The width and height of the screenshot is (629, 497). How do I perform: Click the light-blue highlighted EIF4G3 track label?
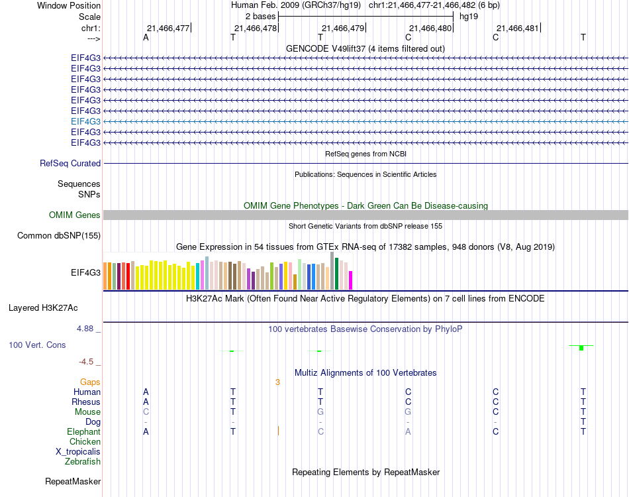85,121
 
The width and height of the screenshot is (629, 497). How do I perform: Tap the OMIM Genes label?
75,215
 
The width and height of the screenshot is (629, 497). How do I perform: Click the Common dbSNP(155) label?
59,235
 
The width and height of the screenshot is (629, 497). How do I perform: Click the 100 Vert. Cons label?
37,345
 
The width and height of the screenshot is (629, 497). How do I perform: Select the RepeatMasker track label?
73,481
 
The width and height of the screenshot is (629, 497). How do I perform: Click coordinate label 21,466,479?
342,28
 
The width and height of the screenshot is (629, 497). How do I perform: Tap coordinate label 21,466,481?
518,28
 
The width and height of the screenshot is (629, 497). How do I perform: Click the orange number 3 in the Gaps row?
278,382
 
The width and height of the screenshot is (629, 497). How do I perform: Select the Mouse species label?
87,412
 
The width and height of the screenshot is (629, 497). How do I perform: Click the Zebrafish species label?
83,461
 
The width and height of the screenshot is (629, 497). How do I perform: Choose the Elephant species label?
83,431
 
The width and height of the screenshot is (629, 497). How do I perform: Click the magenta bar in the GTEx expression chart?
351,280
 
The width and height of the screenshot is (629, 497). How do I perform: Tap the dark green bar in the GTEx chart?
337,274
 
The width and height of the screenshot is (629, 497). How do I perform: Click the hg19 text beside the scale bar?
469,16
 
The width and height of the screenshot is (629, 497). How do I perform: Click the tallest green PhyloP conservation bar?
581,348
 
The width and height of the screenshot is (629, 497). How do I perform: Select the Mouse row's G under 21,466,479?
320,412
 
